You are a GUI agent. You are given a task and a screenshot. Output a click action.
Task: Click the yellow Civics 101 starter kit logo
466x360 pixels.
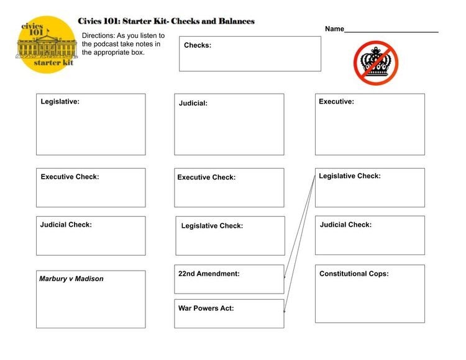point(47,45)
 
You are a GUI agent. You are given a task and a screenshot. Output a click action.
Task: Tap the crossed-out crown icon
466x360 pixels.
point(376,63)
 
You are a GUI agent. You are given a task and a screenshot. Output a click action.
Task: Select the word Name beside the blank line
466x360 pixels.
point(334,29)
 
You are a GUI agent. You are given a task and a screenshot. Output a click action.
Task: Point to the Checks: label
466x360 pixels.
point(198,45)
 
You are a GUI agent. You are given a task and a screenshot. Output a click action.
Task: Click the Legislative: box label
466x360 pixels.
point(60,102)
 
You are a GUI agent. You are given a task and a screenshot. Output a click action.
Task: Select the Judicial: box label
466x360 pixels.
point(193,104)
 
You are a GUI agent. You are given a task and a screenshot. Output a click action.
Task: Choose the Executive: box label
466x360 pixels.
point(336,102)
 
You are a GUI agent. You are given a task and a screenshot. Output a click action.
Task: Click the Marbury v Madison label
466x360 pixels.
point(71,279)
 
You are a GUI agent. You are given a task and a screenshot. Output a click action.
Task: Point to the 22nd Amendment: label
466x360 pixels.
point(209,273)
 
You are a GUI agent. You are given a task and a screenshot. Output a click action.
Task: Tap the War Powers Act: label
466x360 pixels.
point(206,308)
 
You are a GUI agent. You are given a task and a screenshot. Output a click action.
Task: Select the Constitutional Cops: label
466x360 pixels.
point(354,274)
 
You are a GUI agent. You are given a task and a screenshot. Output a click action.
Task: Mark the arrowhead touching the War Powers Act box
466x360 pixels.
point(285,310)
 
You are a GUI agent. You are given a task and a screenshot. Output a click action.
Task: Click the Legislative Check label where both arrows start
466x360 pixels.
point(350,176)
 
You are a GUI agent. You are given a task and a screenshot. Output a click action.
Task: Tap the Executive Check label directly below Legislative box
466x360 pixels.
point(70,177)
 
